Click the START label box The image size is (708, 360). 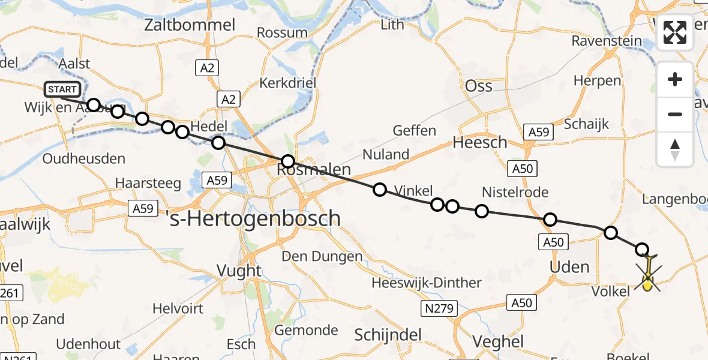tap(62, 90)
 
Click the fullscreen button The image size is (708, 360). tap(675, 32)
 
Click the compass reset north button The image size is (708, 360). tap(675, 149)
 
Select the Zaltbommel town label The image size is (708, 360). tap(190, 25)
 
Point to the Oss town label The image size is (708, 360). tap(479, 86)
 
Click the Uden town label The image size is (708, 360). tap(569, 266)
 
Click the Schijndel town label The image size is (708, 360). tap(389, 334)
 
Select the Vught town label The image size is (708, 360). tap(239, 271)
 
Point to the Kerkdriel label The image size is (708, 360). tap(287, 83)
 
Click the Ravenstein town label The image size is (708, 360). tap(607, 41)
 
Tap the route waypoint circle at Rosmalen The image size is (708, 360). tap(288, 161)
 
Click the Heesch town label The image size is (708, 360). tap(480, 143)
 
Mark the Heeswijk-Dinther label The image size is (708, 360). tap(426, 283)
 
